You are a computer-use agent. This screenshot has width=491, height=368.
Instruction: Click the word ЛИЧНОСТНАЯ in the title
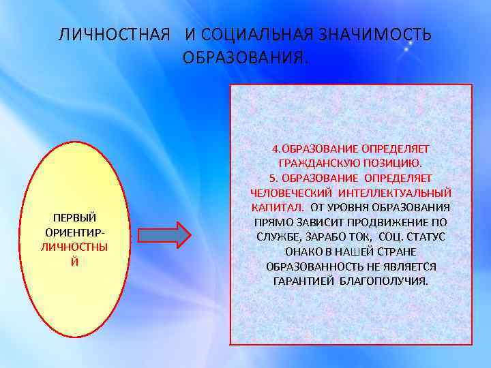coord(113,35)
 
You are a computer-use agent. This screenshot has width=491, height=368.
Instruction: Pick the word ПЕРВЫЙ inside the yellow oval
coord(75,218)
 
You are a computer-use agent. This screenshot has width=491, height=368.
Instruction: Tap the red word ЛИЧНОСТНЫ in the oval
coord(75,247)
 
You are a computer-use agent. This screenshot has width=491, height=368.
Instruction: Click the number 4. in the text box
coord(276,149)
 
